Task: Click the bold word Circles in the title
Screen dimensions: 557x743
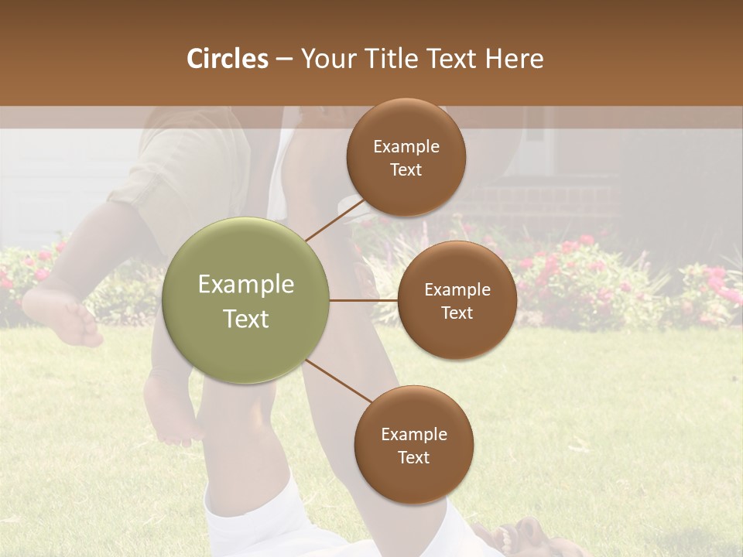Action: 227,59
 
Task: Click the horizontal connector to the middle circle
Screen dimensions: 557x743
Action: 364,300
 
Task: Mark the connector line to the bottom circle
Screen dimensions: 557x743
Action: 339,381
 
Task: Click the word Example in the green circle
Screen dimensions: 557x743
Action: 246,285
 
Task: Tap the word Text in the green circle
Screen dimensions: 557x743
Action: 246,319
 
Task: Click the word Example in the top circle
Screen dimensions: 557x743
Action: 406,147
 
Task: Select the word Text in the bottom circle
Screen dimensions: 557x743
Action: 413,457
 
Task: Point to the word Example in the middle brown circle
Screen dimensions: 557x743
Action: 457,290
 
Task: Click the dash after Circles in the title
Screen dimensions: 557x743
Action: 284,59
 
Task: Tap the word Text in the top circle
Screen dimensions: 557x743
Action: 406,170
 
